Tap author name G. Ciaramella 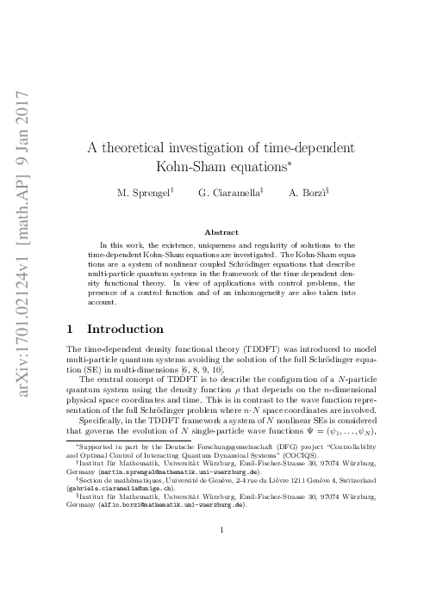227,194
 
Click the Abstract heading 221,231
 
